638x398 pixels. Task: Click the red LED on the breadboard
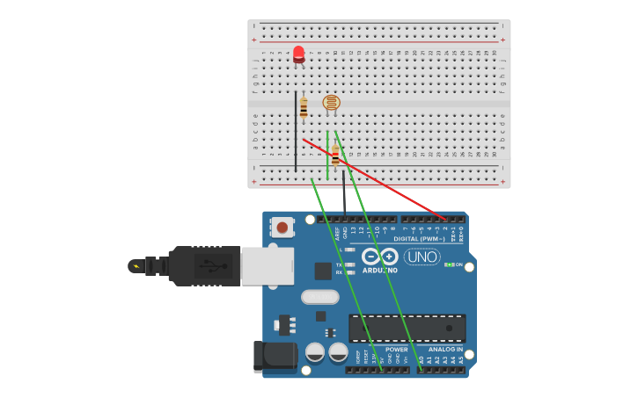(299, 54)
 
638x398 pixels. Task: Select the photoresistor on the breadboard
(331, 103)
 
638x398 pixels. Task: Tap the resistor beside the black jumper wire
(304, 107)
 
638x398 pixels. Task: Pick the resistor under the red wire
(335, 156)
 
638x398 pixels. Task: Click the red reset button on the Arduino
(282, 227)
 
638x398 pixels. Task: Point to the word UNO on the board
(422, 257)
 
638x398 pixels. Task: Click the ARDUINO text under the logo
(380, 270)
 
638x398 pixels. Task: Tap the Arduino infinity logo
(380, 256)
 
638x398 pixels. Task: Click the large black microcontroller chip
(407, 328)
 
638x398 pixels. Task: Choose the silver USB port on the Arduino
(268, 265)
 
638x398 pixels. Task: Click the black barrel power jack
(274, 356)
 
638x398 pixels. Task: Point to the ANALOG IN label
(446, 349)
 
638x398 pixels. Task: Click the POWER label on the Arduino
(397, 349)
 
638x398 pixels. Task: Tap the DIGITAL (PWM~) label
(418, 238)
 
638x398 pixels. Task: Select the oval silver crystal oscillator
(320, 297)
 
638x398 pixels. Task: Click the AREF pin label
(337, 233)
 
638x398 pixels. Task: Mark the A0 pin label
(421, 359)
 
